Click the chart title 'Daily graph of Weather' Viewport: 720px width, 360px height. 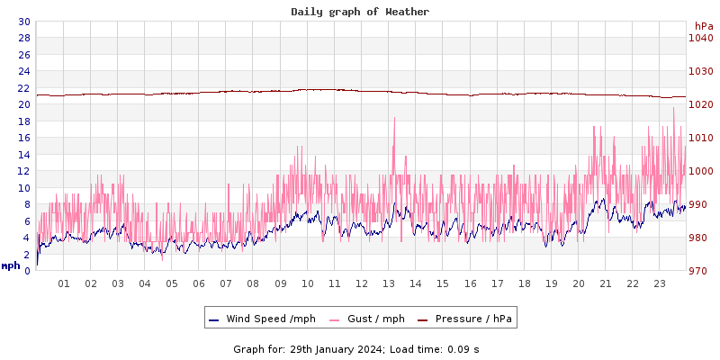point(360,12)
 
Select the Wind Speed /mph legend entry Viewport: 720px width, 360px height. point(261,319)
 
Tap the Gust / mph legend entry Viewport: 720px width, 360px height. point(366,319)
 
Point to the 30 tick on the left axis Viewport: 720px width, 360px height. point(23,22)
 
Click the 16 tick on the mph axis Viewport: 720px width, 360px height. point(23,138)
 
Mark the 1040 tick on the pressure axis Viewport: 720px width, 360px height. point(700,38)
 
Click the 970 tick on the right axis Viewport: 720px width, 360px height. point(700,271)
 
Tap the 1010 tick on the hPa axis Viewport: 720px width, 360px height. point(700,138)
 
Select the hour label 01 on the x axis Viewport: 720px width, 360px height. point(64,283)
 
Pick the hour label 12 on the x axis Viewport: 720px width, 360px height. point(362,283)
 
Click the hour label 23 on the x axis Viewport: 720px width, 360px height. point(660,283)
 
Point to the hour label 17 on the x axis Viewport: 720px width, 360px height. point(497,283)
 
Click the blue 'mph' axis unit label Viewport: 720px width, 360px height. point(11,265)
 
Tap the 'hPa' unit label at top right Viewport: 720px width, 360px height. point(703,26)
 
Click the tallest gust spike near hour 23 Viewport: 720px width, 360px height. point(673,109)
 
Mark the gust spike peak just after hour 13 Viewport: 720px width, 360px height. point(394,118)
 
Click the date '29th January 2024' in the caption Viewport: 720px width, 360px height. point(337,348)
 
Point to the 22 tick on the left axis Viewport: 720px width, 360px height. point(23,88)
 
